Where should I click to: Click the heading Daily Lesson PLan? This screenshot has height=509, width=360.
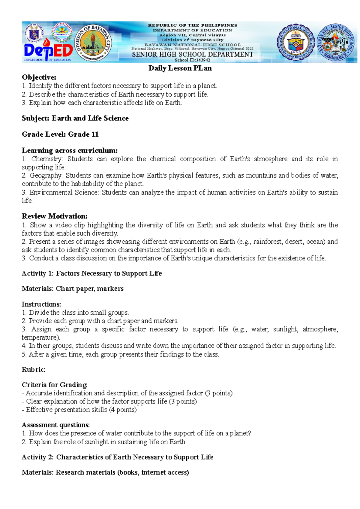point(180,68)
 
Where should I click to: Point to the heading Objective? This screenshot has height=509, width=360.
point(39,77)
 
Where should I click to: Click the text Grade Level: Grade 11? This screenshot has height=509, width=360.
point(60,134)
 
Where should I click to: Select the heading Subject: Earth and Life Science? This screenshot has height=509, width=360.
point(75,118)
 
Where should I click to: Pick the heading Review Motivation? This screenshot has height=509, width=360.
point(55,216)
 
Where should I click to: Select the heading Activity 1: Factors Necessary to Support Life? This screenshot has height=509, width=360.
point(92,273)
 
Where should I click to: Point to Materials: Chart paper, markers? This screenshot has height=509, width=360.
point(73,289)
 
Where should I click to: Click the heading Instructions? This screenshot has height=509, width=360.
point(41,304)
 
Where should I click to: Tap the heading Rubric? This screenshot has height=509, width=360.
point(34,370)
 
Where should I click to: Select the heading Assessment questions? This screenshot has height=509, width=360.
point(56,425)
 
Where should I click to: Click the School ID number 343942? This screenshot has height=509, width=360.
point(199,60)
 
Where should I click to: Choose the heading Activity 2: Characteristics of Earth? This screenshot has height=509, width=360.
point(118,457)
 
